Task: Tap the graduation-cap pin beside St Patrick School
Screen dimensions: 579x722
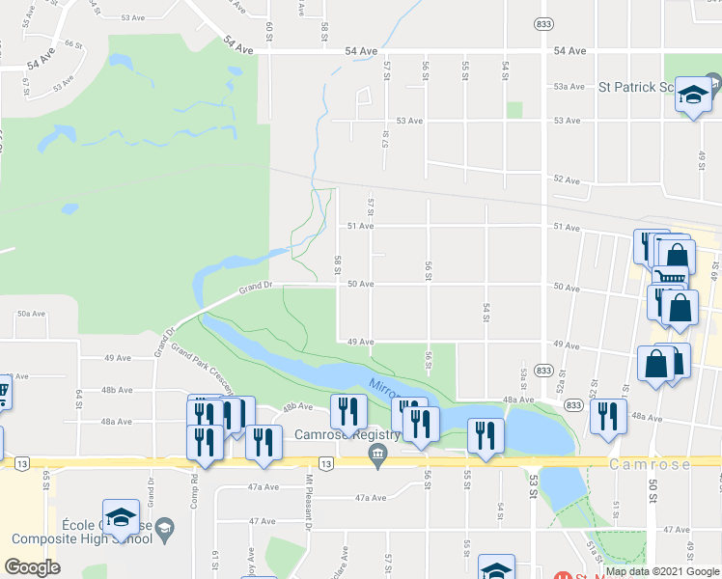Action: (692, 96)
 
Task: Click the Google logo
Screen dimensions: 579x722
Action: (32, 567)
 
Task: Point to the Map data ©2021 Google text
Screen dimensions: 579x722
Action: (661, 571)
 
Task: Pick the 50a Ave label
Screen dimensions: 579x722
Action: (32, 314)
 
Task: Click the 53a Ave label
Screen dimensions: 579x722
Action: (569, 87)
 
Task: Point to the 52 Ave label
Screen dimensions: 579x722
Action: (567, 180)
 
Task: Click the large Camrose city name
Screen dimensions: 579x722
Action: (651, 464)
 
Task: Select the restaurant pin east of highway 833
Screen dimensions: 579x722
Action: (608, 415)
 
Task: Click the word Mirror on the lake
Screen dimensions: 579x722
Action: (383, 390)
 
